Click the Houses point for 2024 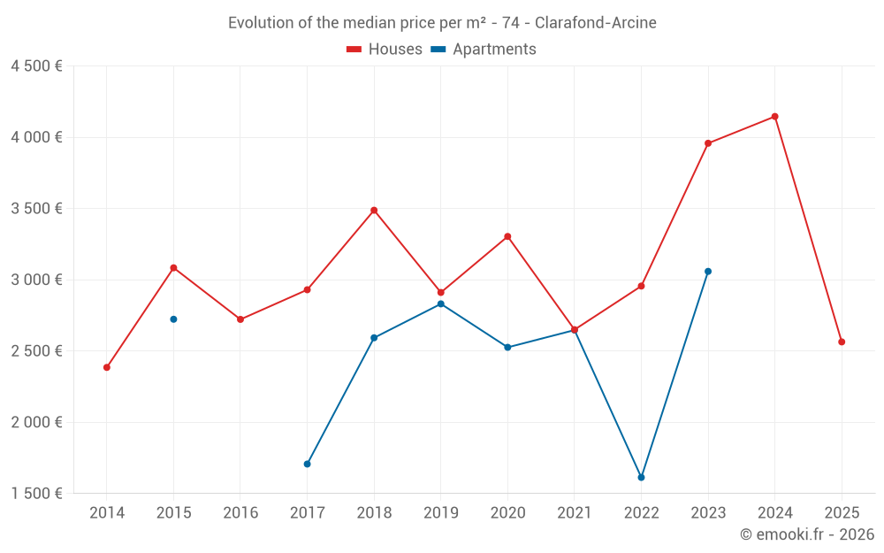tap(774, 117)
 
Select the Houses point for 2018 tap(374, 211)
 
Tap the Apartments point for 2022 tap(641, 478)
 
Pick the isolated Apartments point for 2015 tap(173, 319)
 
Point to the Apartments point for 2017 tap(307, 464)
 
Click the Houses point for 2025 tap(842, 342)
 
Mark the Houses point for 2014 tap(107, 367)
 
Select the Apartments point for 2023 tap(708, 272)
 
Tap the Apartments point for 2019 tap(440, 304)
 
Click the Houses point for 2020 tap(507, 236)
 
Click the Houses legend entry tap(385, 50)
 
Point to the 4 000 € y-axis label tap(36, 137)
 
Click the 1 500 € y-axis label tap(36, 494)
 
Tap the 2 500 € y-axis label tap(36, 351)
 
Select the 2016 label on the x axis tap(240, 513)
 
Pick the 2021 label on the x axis tap(575, 513)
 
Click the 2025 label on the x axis tap(842, 513)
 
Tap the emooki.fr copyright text tap(807, 534)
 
